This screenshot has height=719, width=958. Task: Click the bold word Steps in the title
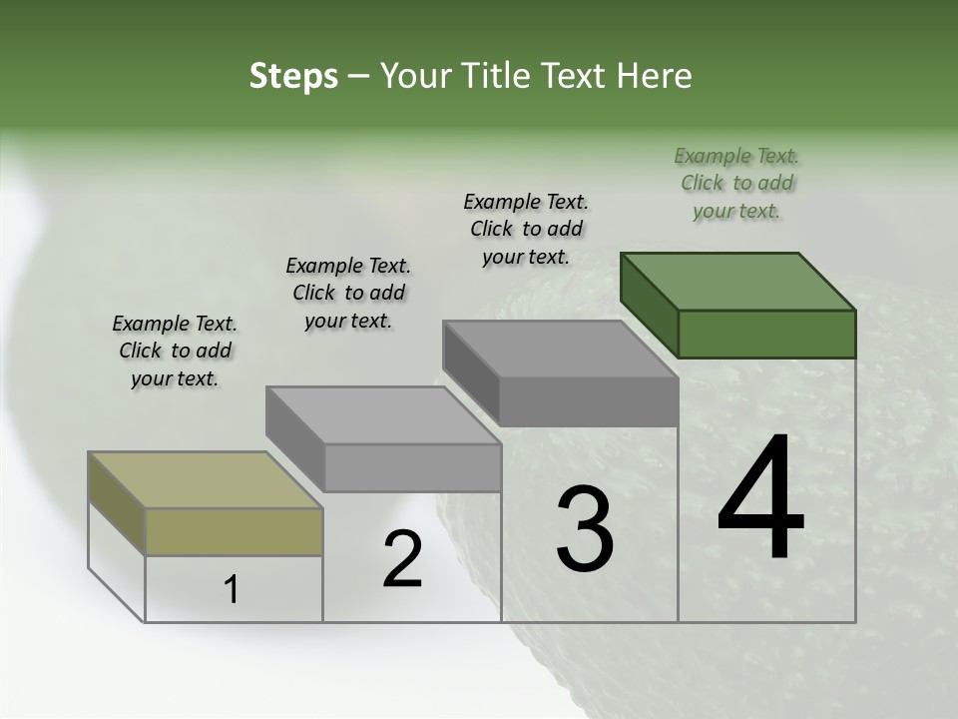click(x=293, y=77)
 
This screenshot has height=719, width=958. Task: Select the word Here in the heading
click(x=654, y=77)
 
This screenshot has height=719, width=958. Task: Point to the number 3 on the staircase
click(x=585, y=531)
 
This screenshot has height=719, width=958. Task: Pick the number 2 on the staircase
click(x=402, y=559)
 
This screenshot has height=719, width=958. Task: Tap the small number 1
click(x=232, y=590)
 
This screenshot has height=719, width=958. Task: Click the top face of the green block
click(x=738, y=282)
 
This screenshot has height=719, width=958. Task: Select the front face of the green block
click(x=766, y=334)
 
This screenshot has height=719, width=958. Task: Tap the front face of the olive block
click(x=234, y=531)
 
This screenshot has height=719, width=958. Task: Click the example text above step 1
click(x=175, y=351)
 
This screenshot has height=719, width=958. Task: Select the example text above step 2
click(x=348, y=293)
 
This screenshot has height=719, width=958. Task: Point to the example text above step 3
click(x=526, y=229)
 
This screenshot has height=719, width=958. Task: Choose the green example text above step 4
click(x=736, y=183)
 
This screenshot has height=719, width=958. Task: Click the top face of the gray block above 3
click(x=560, y=350)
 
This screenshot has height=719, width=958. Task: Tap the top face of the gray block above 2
click(x=383, y=415)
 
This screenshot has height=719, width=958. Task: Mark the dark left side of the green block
click(x=649, y=305)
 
